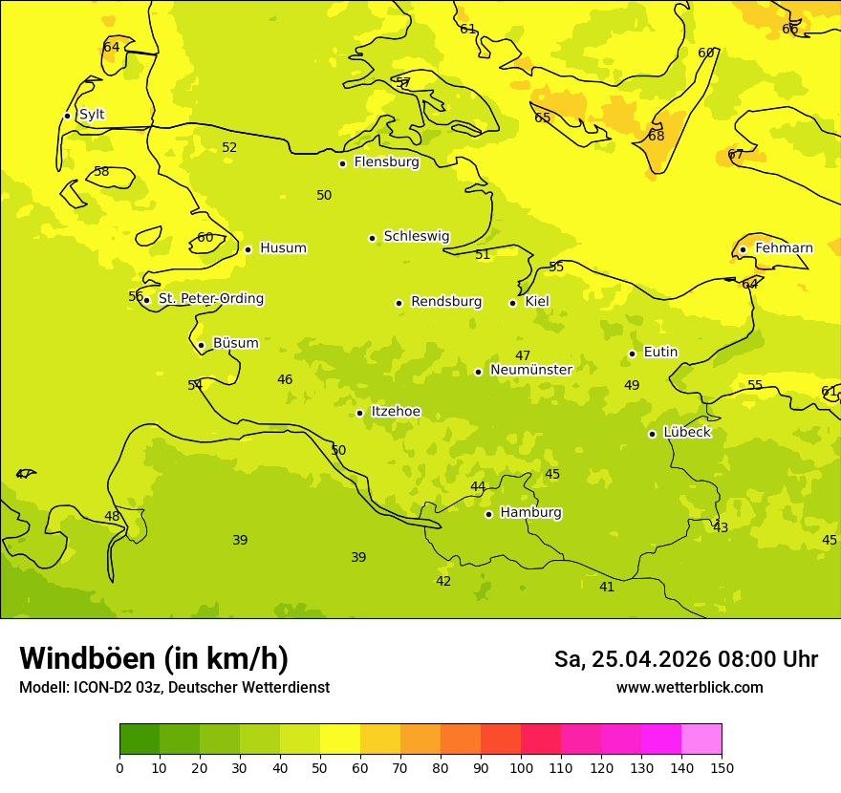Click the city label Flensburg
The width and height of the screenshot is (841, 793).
(x=386, y=162)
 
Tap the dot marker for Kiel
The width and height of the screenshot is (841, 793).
(x=512, y=303)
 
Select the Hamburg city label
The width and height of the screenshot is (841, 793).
(x=530, y=513)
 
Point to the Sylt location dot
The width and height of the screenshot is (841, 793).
(x=67, y=116)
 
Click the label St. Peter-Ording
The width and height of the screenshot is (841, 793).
(x=210, y=299)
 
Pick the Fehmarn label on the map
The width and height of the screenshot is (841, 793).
(x=784, y=248)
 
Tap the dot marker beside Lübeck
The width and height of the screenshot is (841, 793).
(x=652, y=434)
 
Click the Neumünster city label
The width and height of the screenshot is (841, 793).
(x=530, y=370)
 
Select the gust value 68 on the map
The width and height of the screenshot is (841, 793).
(x=656, y=136)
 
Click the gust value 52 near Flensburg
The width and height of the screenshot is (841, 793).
(x=229, y=147)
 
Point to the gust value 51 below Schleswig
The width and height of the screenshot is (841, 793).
(x=483, y=254)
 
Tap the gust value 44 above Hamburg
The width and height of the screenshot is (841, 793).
(x=478, y=487)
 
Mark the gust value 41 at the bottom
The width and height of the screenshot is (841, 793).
(x=607, y=587)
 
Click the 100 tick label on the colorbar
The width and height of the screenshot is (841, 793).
(x=521, y=767)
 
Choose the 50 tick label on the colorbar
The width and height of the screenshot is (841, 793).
(x=320, y=767)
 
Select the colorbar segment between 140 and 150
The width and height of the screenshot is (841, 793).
(x=701, y=739)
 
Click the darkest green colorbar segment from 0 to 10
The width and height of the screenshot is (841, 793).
(x=140, y=739)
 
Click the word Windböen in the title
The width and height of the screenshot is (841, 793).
(x=87, y=658)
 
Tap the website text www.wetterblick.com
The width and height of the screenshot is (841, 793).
(x=689, y=688)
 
